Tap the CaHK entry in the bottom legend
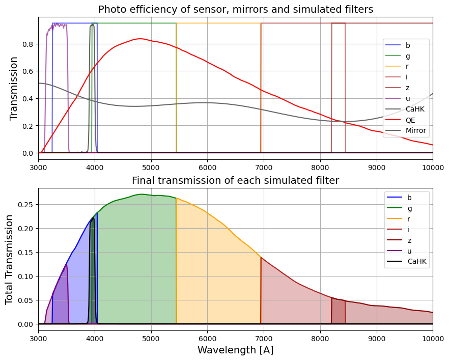pos(407,262)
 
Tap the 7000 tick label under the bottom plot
pos(264,339)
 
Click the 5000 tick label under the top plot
pos(151,168)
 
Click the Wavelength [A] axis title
pos(235,350)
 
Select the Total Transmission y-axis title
pos(9,260)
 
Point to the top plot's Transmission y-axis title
pos(13,89)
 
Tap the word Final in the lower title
pos(142,180)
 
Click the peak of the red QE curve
pos(139,39)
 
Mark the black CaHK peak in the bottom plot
pos(93,218)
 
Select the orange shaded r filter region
pos(218,272)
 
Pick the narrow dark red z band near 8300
pos(339,312)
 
